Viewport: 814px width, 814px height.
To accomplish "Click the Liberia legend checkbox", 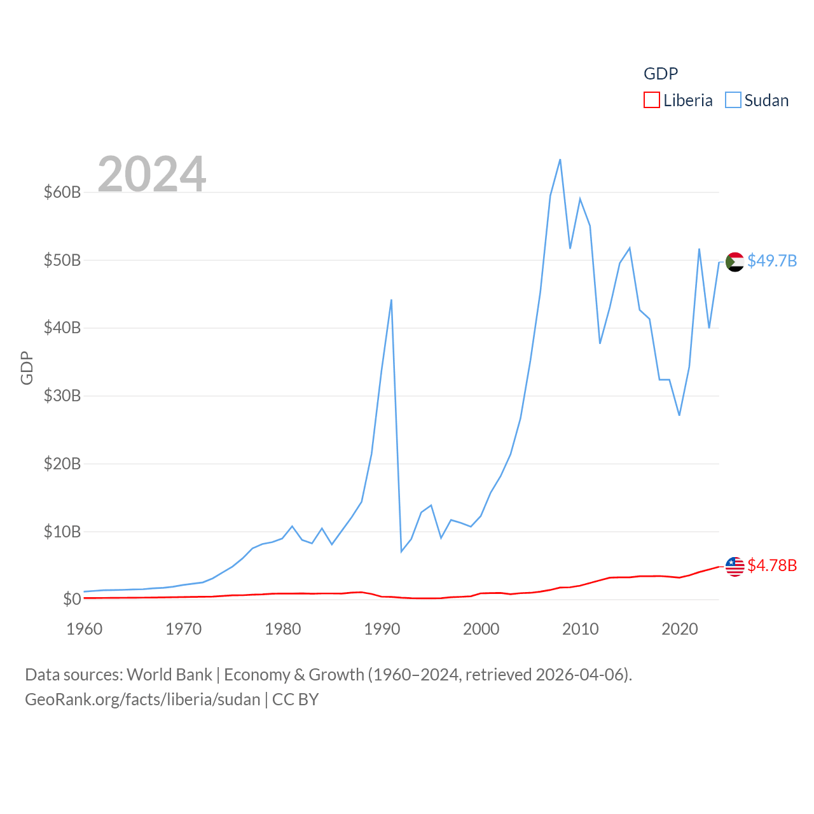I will pyautogui.click(x=652, y=100).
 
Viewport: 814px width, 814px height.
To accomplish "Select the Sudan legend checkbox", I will pyautogui.click(x=733, y=100).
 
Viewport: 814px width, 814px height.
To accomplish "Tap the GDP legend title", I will pyautogui.click(x=661, y=74).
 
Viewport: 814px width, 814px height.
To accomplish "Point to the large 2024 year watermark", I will pyautogui.click(x=152, y=174).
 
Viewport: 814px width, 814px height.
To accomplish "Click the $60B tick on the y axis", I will pyautogui.click(x=62, y=192).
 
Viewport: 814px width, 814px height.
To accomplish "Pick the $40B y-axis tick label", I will pyautogui.click(x=62, y=328).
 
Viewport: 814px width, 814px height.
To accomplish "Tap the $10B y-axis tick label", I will pyautogui.click(x=62, y=532).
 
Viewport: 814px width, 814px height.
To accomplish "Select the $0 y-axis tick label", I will pyautogui.click(x=72, y=599).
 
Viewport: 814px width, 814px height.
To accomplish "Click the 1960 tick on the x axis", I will pyautogui.click(x=85, y=629).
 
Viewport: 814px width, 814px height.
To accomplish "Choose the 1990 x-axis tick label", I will pyautogui.click(x=382, y=629).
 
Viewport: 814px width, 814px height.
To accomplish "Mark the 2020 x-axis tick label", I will pyautogui.click(x=680, y=629).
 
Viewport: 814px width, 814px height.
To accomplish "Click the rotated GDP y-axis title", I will pyautogui.click(x=27, y=368).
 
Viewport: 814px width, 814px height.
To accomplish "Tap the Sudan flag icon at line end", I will pyautogui.click(x=735, y=261).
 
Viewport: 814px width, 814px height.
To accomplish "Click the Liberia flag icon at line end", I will pyautogui.click(x=735, y=566).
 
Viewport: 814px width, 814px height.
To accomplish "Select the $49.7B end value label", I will pyautogui.click(x=772, y=261).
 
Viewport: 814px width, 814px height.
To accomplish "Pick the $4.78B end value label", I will pyautogui.click(x=772, y=565).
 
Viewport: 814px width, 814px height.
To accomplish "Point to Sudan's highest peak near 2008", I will pyautogui.click(x=560, y=160).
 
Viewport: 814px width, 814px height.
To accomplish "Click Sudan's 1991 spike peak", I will pyautogui.click(x=391, y=300).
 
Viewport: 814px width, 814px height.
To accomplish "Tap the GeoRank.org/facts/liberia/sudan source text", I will pyautogui.click(x=142, y=700).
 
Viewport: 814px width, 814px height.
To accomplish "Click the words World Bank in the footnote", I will pyautogui.click(x=169, y=674).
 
